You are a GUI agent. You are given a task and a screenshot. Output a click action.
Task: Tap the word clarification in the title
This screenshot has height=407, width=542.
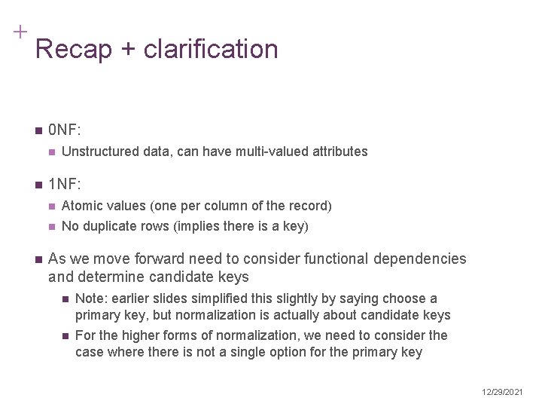[x=210, y=50]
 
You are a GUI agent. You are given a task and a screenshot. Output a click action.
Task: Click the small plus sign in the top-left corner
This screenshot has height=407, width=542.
[x=20, y=32]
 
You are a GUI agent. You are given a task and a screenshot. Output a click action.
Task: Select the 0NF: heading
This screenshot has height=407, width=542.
[x=65, y=130]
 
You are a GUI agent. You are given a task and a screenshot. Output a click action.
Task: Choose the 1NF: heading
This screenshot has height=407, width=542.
[x=65, y=183]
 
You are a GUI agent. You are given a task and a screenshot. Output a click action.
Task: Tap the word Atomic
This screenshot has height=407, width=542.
[x=81, y=206]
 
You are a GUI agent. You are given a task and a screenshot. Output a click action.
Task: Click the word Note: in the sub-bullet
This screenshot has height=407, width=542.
[x=92, y=298]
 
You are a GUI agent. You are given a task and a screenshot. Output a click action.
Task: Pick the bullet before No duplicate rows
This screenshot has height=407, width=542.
[x=51, y=227]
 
